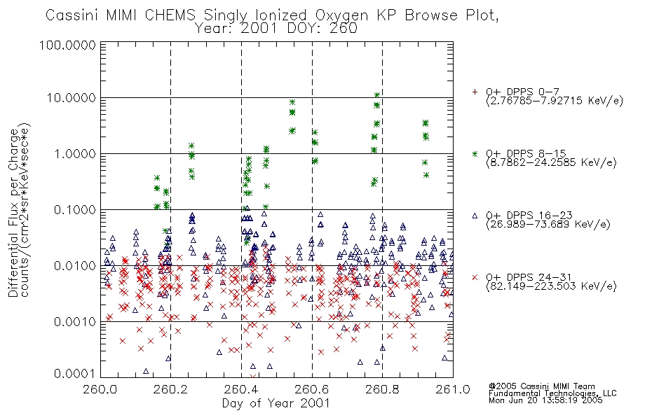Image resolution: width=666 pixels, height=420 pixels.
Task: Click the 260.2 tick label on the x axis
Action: [171, 389]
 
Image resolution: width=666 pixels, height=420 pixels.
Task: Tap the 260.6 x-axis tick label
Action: [312, 389]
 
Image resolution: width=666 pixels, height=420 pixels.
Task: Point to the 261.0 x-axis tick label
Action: [453, 389]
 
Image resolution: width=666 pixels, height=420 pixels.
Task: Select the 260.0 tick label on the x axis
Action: [100, 389]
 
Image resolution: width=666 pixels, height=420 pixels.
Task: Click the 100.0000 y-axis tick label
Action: [68, 45]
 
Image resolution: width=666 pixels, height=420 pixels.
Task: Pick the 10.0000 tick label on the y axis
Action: [72, 98]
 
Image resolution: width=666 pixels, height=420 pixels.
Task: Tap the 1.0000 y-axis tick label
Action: [75, 153]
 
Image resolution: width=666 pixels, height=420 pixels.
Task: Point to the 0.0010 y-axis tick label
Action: [75, 321]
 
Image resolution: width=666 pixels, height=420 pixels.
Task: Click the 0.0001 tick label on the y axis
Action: [75, 374]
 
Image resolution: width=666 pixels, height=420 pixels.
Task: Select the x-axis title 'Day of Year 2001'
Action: [276, 403]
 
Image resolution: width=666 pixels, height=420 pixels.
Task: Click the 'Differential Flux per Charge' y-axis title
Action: [13, 213]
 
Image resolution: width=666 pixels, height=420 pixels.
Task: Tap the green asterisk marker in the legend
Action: [475, 153]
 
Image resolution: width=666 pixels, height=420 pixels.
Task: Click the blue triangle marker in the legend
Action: [475, 216]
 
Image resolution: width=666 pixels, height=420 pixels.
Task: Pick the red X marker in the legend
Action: [475, 277]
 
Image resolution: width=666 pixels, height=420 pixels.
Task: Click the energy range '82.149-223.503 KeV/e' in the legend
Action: [551, 286]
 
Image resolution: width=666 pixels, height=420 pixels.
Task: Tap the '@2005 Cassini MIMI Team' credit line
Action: [542, 386]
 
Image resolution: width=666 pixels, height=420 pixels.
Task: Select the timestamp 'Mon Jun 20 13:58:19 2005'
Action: [545, 400]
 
